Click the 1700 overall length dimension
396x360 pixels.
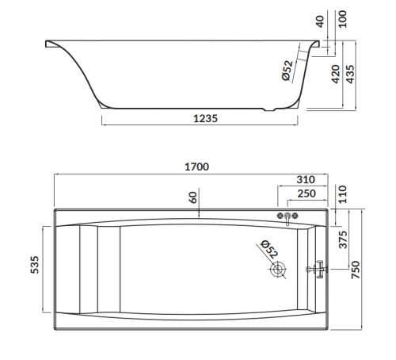(196, 167)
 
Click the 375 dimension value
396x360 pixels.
(344, 239)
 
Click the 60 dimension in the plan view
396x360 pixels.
(192, 197)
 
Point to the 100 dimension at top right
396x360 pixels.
(342, 17)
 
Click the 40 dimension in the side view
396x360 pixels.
(320, 21)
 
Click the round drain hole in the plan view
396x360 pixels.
(278, 270)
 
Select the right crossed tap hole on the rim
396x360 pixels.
(295, 216)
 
